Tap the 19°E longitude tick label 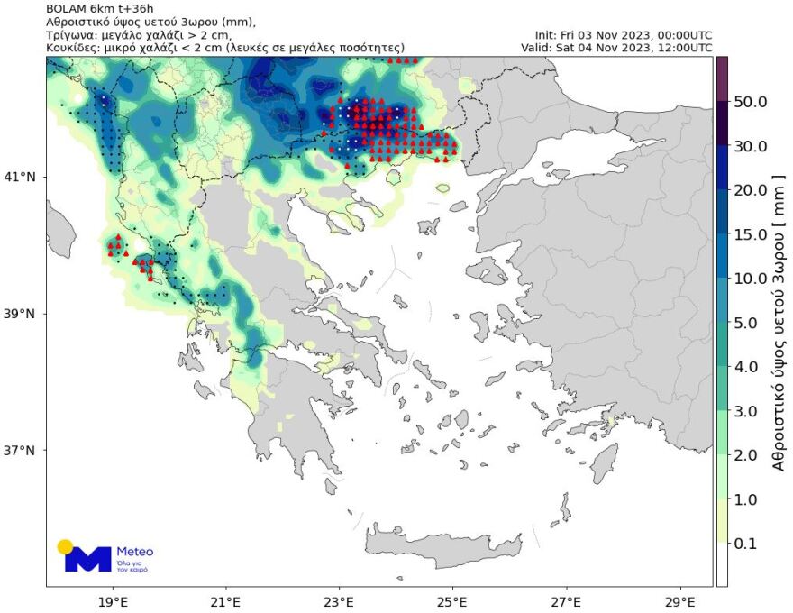pos(113,600)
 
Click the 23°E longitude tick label pos(339,600)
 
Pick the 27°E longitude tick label pos(566,600)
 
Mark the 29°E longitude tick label pos(679,600)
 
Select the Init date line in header pos(623,35)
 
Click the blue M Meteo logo pos(87,559)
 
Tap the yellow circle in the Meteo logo pos(65,546)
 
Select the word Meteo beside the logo pos(135,552)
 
